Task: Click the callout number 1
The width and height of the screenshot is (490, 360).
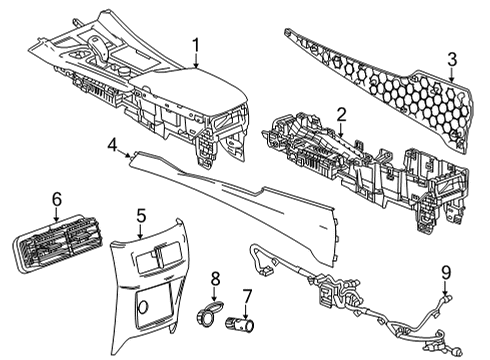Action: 196,44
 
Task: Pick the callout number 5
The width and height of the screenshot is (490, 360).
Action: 141,214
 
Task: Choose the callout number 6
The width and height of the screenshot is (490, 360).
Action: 57,200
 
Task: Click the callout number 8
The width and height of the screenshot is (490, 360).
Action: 213,276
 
